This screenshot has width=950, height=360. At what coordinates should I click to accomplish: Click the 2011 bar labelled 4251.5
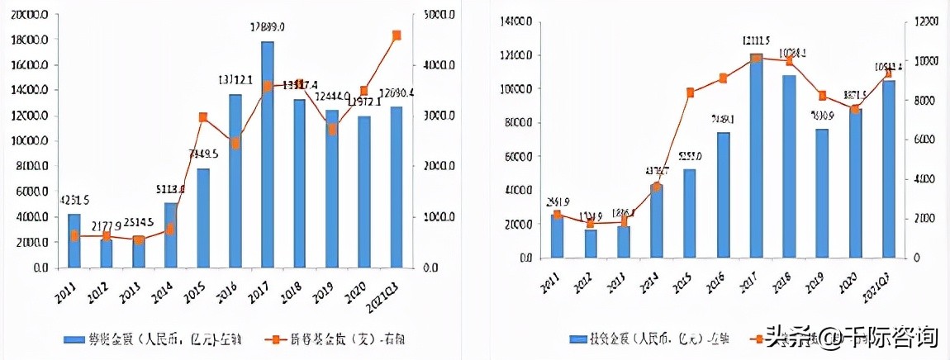(x=74, y=240)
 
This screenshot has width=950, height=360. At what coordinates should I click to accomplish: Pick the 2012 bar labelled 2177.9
(x=107, y=253)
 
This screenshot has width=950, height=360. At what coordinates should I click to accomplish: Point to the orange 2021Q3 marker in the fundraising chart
(x=397, y=36)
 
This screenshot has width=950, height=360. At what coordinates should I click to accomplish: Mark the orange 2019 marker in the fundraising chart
(x=332, y=129)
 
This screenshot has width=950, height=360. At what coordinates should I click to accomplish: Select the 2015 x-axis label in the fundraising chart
(x=200, y=294)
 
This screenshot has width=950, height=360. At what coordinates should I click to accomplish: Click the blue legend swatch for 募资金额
(x=78, y=339)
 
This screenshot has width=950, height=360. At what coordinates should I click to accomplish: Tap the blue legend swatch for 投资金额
(x=577, y=339)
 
